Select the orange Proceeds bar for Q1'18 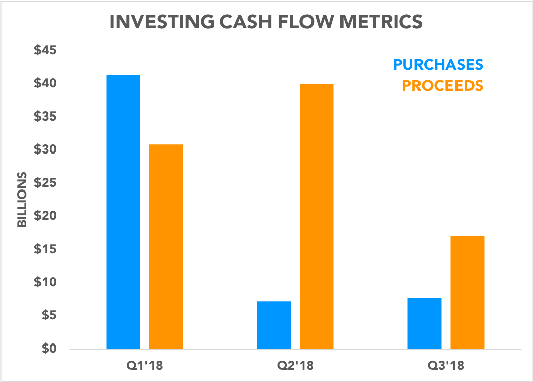pos(166,247)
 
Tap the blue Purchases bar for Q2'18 pos(274,325)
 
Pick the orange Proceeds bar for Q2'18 pos(317,216)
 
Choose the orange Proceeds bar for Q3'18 pos(467,292)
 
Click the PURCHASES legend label pos(438,65)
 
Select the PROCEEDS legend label pos(442,85)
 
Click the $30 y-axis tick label pos(45,150)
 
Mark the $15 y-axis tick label pos(45,249)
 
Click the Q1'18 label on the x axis pos(144,365)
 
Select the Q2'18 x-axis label pos(295,365)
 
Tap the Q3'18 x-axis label pos(446,365)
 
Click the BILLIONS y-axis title pos(22,200)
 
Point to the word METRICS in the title pos(382,23)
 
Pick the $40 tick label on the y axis pos(45,84)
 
